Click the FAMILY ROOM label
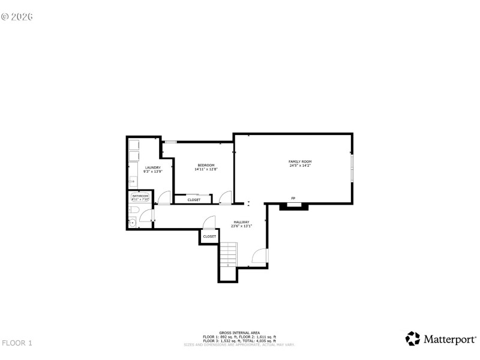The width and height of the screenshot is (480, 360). [x=300, y=161]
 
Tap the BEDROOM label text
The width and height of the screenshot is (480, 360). [x=206, y=164]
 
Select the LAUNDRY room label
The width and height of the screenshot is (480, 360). [x=153, y=167]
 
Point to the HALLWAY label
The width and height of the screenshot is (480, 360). [x=241, y=222]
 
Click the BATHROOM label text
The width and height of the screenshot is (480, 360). [x=140, y=196]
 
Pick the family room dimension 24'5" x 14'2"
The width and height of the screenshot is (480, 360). [x=300, y=166]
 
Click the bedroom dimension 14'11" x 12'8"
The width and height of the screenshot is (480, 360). [x=206, y=169]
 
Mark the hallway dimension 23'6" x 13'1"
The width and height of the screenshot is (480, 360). [x=242, y=226]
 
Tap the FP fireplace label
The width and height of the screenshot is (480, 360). [x=293, y=198]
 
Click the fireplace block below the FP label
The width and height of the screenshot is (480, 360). [x=294, y=206]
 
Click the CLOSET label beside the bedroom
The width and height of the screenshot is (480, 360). [x=194, y=200]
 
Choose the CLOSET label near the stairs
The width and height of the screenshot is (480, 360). [x=209, y=236]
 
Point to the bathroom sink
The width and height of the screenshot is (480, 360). [x=132, y=223]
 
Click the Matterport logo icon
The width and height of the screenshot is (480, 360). [x=413, y=338]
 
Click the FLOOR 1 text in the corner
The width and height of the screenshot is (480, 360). [x=17, y=343]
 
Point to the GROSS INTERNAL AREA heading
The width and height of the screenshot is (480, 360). [x=239, y=332]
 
